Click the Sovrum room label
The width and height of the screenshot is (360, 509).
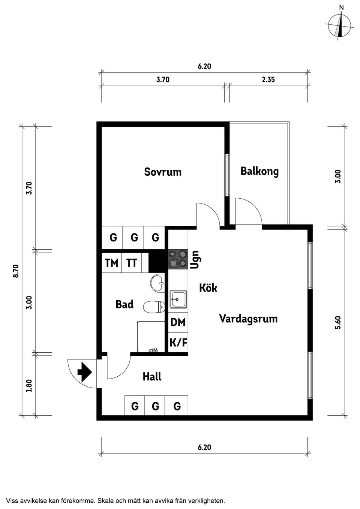[163, 172]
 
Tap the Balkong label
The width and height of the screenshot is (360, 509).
[259, 171]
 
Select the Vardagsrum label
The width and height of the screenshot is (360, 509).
[248, 319]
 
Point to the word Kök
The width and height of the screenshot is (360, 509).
[208, 288]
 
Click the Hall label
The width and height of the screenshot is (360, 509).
[152, 376]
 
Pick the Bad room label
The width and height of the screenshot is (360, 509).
[124, 304]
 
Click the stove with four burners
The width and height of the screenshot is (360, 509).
[178, 259]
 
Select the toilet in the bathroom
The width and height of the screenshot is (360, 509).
[154, 307]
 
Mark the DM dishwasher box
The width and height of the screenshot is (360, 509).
[178, 322]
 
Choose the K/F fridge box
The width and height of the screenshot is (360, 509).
[178, 343]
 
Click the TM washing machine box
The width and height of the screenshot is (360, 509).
[111, 263]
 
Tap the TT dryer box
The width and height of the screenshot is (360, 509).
[132, 263]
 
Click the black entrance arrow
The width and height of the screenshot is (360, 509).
[84, 372]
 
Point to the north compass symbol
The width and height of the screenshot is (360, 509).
[340, 25]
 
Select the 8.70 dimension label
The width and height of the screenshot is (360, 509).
[16, 271]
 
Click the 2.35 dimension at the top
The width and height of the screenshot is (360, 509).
[268, 79]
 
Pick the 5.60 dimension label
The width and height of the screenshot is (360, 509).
[337, 322]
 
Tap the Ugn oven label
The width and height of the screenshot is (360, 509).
[195, 259]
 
